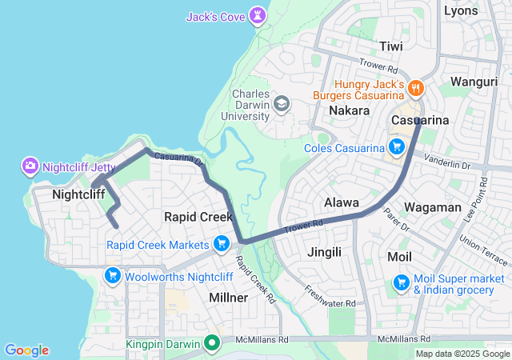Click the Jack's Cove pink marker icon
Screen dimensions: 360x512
coord(256,15)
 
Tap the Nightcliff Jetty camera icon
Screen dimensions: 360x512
coord(30,166)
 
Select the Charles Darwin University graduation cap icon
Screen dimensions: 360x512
coord(282,104)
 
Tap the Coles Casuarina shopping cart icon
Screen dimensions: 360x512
coord(395,147)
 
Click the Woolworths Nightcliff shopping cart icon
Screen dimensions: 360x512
coord(112,276)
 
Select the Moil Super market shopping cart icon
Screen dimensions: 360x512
coord(402,283)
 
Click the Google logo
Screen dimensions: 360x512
coord(26,350)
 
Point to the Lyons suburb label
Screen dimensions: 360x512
coord(461,10)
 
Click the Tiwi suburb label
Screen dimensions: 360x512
coord(391,46)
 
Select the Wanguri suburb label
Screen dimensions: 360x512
coord(474,81)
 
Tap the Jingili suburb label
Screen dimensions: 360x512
coord(324,252)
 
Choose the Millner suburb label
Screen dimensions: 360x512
coord(228,297)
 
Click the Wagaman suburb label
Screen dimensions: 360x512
coord(433,207)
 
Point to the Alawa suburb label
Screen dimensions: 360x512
coord(342,202)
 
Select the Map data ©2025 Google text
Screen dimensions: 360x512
coord(462,354)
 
